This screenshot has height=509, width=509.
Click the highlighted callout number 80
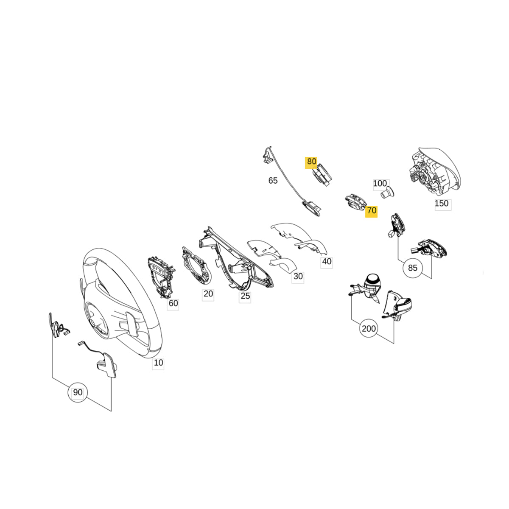tap(311, 161)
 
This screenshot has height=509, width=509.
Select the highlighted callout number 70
tap(371, 210)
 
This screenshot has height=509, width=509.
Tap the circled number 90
tap(78, 392)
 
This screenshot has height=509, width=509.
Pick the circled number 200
tap(369, 329)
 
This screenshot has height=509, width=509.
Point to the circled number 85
tap(412, 268)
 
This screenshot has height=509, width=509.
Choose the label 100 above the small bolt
tap(380, 183)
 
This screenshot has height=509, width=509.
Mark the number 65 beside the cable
tap(273, 180)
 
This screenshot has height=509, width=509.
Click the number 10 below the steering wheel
tap(158, 363)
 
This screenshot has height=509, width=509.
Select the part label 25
tap(245, 296)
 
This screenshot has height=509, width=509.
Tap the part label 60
tap(173, 303)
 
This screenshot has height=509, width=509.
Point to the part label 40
tap(327, 262)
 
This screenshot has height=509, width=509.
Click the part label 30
tap(298, 276)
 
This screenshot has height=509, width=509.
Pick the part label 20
tap(208, 294)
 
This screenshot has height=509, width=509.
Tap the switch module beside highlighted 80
tap(322, 175)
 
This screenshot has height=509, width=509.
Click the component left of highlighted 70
tap(356, 204)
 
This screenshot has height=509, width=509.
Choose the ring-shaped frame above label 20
tap(196, 265)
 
